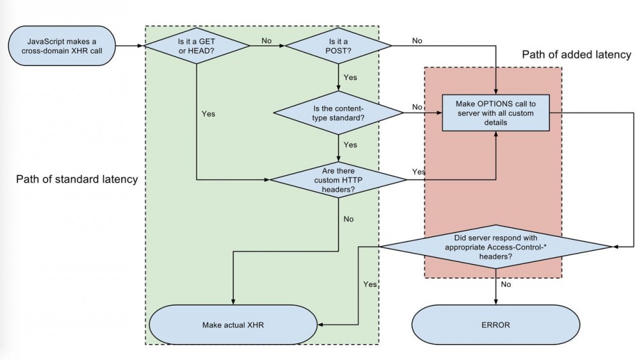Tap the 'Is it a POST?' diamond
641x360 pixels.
tap(338, 46)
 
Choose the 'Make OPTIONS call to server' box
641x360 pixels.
tap(495, 113)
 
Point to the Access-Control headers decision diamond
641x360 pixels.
tap(495, 246)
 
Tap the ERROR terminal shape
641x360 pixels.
tap(496, 325)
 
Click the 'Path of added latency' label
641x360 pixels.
tap(577, 54)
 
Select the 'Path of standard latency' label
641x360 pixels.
tap(77, 179)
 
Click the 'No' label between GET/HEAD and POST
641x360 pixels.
tap(267, 40)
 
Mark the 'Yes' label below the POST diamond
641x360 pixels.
tap(351, 78)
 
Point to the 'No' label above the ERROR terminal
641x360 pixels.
tap(505, 284)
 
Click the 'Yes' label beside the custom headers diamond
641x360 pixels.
tap(419, 172)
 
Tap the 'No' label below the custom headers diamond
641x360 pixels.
tap(349, 219)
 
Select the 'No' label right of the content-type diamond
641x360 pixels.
tap(417, 107)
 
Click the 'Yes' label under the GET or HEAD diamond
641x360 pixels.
tap(208, 114)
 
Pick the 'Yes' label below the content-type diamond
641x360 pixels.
tap(351, 145)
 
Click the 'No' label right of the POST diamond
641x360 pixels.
tap(417, 40)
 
